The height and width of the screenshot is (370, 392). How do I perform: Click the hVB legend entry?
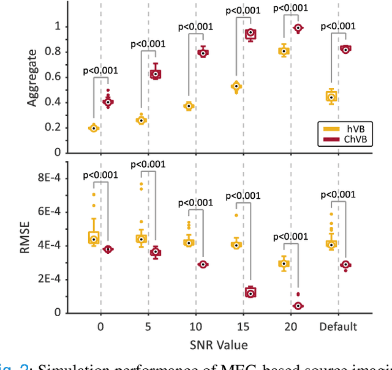tap(352, 128)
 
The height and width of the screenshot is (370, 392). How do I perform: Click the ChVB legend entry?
tap(355, 139)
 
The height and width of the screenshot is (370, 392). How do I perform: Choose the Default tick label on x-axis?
tap(337, 327)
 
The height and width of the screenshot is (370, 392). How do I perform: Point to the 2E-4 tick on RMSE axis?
tap(49, 279)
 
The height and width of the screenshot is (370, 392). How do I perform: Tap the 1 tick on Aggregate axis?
tap(57, 26)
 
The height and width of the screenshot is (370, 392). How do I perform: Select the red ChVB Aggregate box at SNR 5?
tap(156, 74)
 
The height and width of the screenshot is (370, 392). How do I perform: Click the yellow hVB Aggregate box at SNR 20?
tap(284, 51)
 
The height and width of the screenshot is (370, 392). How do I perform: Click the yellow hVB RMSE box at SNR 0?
tap(94, 237)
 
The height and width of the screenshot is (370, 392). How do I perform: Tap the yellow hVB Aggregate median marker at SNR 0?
tap(94, 128)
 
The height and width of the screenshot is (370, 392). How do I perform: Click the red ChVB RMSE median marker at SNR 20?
tap(298, 306)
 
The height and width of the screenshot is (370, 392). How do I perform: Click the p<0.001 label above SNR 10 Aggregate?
tap(195, 26)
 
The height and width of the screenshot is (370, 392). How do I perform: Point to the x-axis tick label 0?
tap(100, 327)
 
